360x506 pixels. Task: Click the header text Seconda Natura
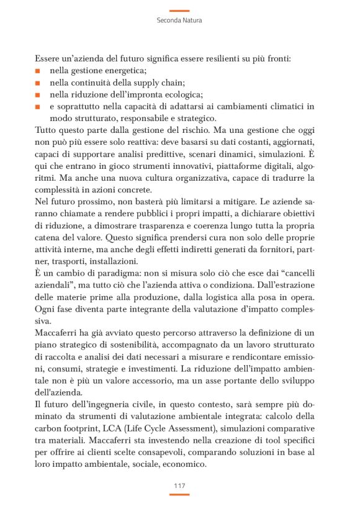click(179, 20)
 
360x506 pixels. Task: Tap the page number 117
click(179, 485)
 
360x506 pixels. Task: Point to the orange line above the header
click(179, 10)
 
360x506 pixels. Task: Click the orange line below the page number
click(179, 494)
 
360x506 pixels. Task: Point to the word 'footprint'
click(85, 429)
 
